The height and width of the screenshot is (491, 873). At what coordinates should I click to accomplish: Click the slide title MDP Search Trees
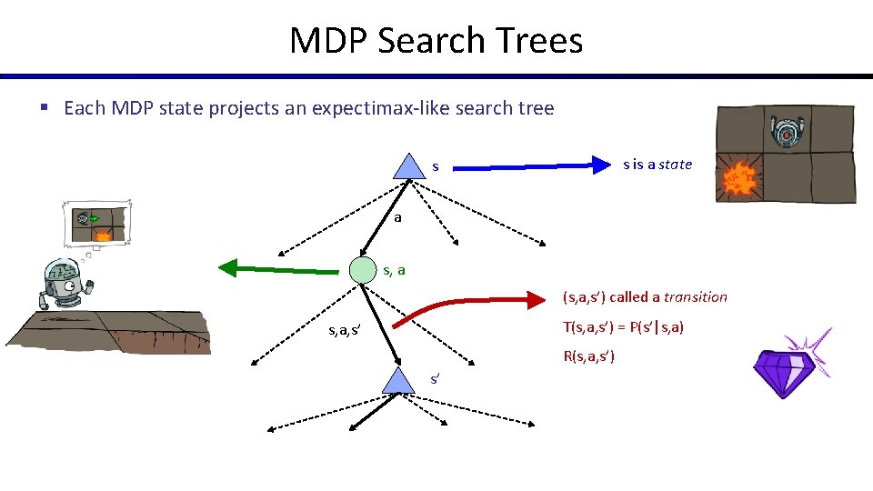point(436,41)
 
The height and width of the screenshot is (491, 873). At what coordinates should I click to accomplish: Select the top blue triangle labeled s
point(405,165)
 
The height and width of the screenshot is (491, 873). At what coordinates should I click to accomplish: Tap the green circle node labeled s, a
point(364,269)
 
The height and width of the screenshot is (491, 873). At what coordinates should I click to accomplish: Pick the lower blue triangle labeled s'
point(397,381)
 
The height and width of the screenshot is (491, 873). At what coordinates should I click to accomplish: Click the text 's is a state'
point(657,165)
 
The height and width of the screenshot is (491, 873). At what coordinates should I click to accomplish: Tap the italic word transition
point(696,296)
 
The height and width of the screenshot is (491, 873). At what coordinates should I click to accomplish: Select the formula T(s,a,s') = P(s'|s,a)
point(623,326)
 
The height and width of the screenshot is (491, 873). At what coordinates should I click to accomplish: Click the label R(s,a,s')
point(588,356)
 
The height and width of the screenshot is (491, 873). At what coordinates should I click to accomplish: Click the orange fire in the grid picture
point(739,181)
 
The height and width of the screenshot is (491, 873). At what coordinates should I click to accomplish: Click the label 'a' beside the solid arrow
point(397,218)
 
